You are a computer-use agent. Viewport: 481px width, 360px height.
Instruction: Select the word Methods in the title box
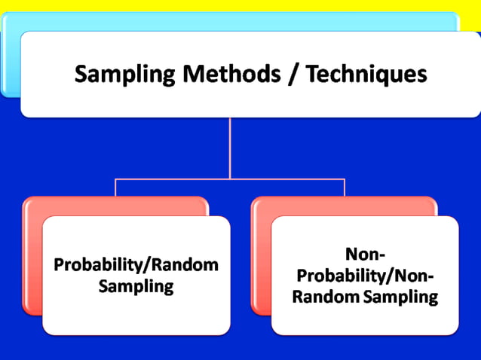pos(209,75)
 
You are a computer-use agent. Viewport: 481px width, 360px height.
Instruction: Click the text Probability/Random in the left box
pos(136,265)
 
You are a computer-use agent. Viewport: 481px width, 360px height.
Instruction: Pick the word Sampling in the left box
pos(136,287)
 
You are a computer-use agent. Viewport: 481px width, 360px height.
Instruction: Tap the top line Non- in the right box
pos(365,254)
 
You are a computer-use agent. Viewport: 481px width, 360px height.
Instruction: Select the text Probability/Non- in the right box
pos(365,275)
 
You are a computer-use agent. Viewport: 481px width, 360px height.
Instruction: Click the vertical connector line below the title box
pos(230,147)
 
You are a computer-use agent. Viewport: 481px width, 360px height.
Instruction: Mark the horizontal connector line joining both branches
pos(173,179)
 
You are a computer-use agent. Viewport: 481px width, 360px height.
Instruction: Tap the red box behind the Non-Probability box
pos(261,256)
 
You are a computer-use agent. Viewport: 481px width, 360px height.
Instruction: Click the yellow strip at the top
pos(240,5)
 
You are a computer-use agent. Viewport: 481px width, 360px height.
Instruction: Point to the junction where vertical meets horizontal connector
pos(230,179)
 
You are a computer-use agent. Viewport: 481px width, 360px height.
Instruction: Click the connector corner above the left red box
pos(115,179)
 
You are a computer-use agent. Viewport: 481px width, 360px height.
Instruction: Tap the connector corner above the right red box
pos(345,179)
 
